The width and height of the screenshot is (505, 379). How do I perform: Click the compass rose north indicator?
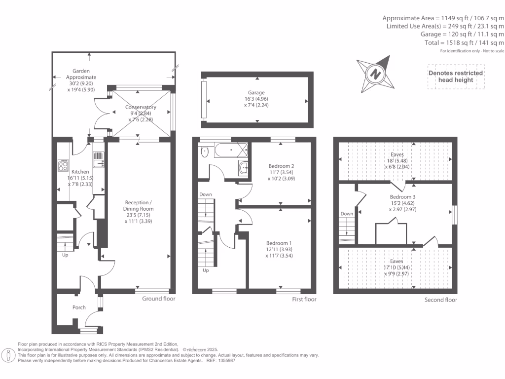coord(376,75)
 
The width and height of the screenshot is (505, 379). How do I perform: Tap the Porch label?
coord(79,307)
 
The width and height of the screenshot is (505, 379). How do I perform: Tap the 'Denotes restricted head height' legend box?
coord(455,76)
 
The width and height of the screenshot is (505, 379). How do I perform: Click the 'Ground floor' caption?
coord(159,299)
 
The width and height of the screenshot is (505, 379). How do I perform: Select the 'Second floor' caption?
coord(440,300)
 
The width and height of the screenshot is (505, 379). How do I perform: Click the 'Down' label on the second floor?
coord(347,214)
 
